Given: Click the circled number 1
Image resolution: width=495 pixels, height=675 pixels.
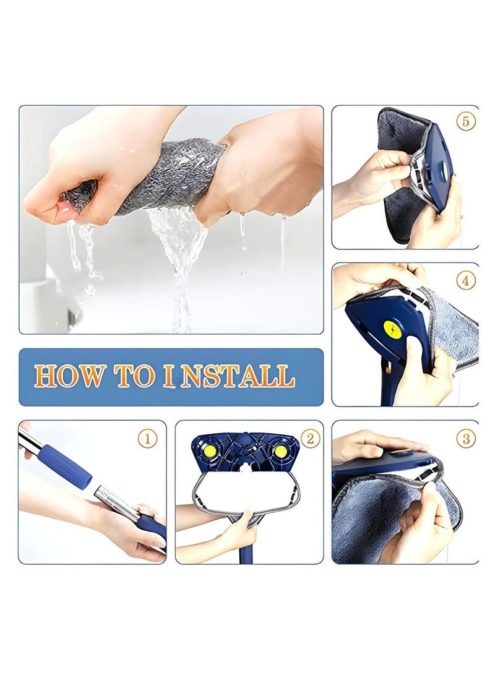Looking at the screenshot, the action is (148, 439).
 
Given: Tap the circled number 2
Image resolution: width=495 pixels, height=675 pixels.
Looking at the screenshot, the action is (310, 439).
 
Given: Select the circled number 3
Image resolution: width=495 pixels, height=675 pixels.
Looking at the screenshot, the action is (466, 439).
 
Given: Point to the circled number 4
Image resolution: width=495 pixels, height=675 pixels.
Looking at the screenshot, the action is (465, 281).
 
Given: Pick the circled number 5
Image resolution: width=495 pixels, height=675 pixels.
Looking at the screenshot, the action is (465, 121).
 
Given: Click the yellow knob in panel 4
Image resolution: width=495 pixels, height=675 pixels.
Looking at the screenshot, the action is (392, 329).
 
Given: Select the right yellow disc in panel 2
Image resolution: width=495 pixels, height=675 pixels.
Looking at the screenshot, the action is (280, 451).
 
